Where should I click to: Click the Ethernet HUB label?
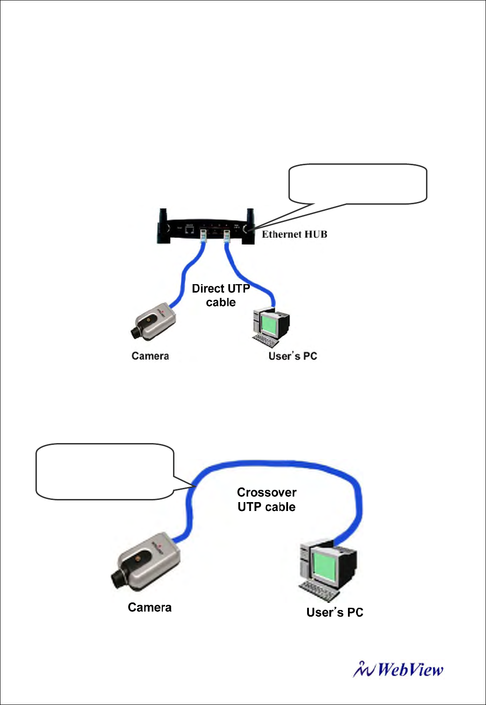coord(294,234)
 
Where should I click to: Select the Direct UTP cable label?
coord(221,295)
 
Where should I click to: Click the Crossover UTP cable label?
coord(266,499)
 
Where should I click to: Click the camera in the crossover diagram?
coord(146,562)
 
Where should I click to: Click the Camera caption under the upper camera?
coord(150,356)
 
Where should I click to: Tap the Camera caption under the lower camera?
coord(150,607)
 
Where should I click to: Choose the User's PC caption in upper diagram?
coord(292,356)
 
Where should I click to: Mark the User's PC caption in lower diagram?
coord(335,613)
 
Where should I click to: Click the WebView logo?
coord(399,670)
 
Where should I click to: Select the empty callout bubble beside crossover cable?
coord(105,471)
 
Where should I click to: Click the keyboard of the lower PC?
coord(318,591)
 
